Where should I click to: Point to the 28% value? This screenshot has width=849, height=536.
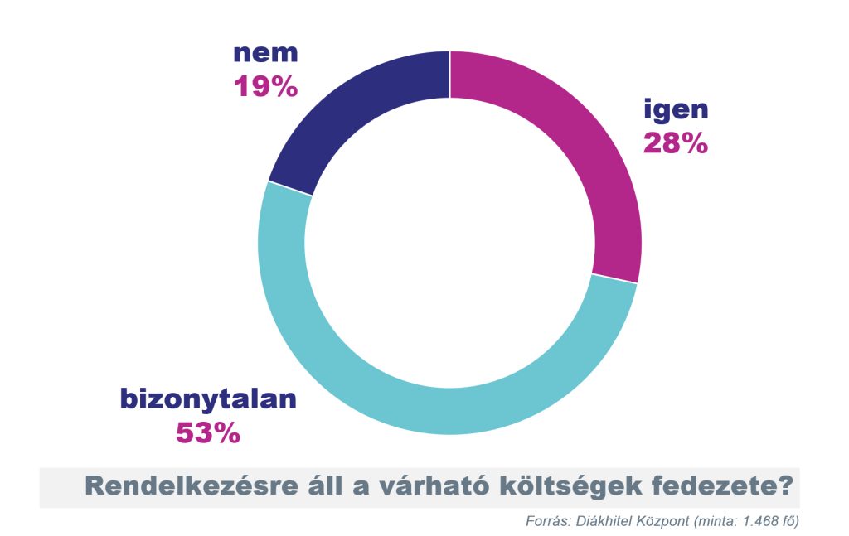tap(676, 143)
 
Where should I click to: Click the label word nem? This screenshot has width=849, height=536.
tap(264, 54)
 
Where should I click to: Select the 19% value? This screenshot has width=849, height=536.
tap(264, 86)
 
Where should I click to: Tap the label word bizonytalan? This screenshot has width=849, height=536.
tap(208, 399)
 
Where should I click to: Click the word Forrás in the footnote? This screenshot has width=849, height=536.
tap(543, 521)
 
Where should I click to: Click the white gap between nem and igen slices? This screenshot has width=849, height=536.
tap(449, 75)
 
